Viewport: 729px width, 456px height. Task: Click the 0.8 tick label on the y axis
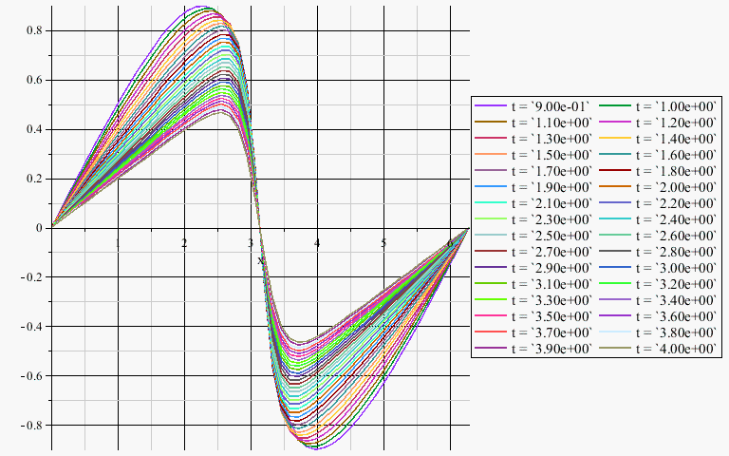pos(33,30)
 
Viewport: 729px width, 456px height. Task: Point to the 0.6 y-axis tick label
pos(33,80)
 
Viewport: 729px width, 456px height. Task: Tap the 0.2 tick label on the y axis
pos(33,179)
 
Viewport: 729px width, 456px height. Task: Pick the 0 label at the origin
pos(39,228)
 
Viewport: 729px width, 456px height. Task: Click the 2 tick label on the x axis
pos(184,244)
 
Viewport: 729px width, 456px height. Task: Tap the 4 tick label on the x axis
pos(317,244)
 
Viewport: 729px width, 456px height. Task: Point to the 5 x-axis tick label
pos(383,244)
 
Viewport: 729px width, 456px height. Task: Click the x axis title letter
pos(261,259)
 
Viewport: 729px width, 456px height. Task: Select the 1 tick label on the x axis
pos(118,244)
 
